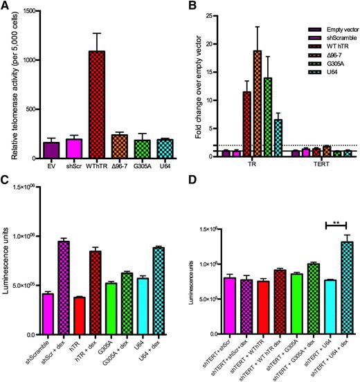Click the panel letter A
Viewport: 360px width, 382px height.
click(6, 6)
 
